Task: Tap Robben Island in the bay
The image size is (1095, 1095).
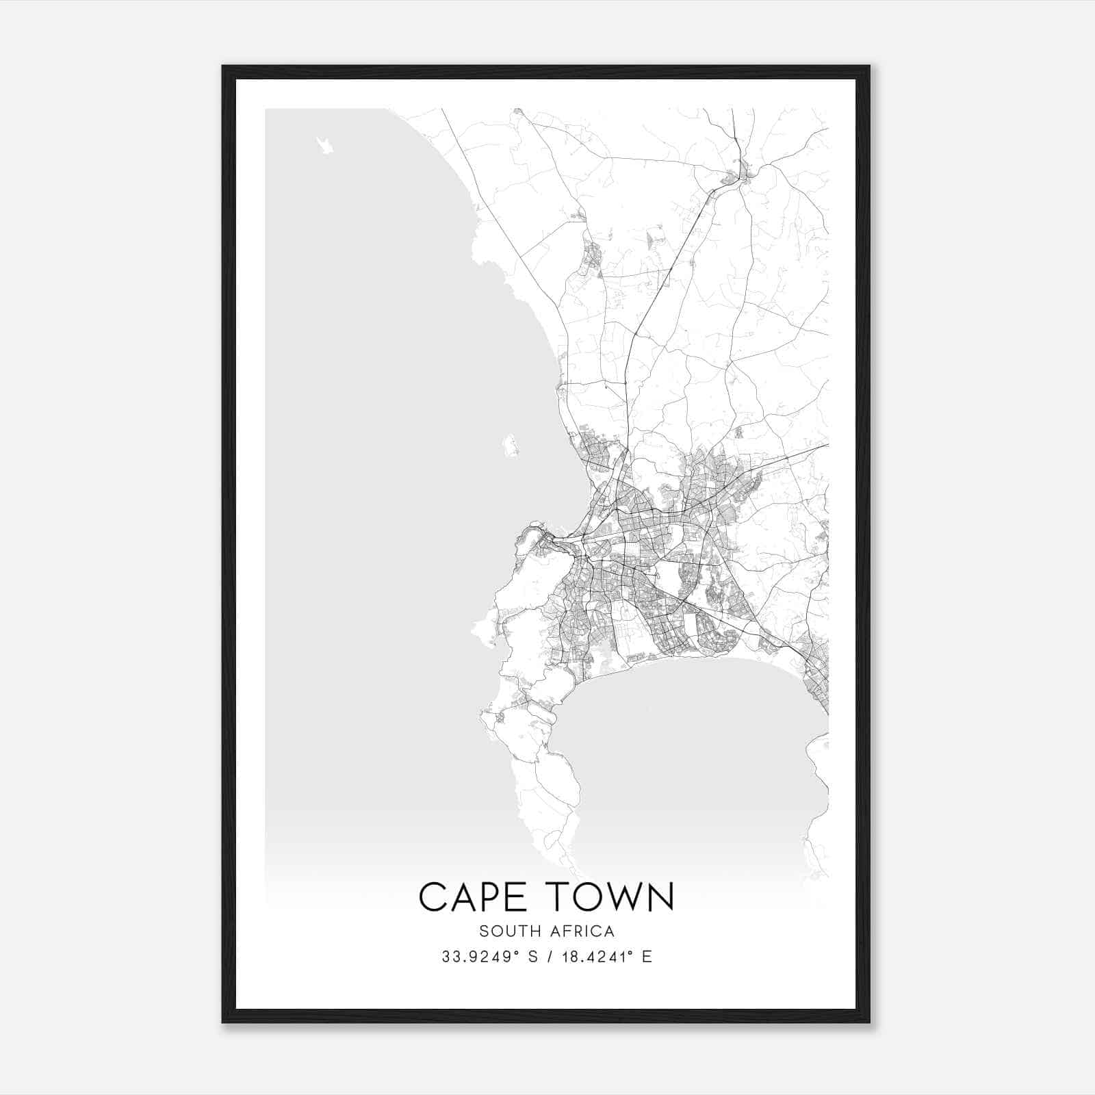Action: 510,446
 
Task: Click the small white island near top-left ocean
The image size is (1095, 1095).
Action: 325,144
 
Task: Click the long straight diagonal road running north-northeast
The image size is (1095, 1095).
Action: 664,274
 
